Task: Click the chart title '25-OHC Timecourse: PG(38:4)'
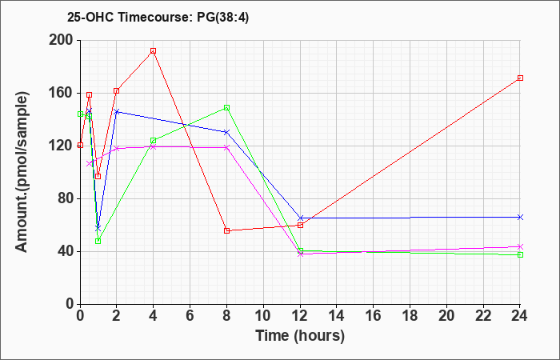158,17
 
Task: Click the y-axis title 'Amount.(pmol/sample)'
22,172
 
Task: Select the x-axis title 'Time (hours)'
300,336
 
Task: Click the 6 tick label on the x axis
190,315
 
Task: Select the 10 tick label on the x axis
263,315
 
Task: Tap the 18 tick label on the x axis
410,315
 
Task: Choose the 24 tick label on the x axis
520,315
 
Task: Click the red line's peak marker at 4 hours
154,51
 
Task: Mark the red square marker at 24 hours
520,78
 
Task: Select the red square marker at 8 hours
226,230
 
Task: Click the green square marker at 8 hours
226,107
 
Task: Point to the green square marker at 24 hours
520,254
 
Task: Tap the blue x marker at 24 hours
520,217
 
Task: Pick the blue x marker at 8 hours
226,132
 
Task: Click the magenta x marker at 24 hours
520,246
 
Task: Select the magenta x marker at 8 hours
226,147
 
